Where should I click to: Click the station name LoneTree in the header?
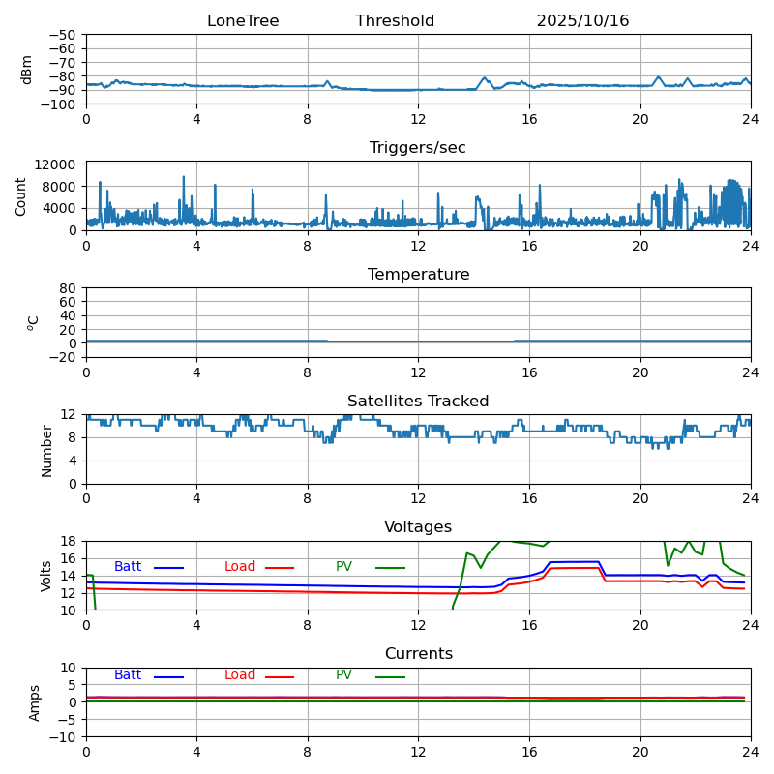(x=243, y=21)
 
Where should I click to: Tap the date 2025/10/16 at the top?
(x=582, y=21)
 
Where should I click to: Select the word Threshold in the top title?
(x=395, y=21)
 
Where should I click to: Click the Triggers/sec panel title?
(x=418, y=148)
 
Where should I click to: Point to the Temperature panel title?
(x=418, y=275)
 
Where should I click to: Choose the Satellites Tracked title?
(x=418, y=402)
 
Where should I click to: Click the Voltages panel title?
(x=418, y=527)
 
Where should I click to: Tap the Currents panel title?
(x=418, y=654)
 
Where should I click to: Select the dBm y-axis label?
(x=27, y=70)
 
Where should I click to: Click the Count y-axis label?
(x=21, y=195)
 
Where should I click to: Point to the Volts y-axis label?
(x=46, y=576)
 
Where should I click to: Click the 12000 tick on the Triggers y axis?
(x=56, y=165)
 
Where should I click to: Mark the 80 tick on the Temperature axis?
(x=68, y=288)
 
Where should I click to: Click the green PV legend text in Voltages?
(x=343, y=567)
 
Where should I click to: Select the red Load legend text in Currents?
(x=240, y=675)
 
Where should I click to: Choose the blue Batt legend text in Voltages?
(x=128, y=567)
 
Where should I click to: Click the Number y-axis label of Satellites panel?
(x=46, y=450)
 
